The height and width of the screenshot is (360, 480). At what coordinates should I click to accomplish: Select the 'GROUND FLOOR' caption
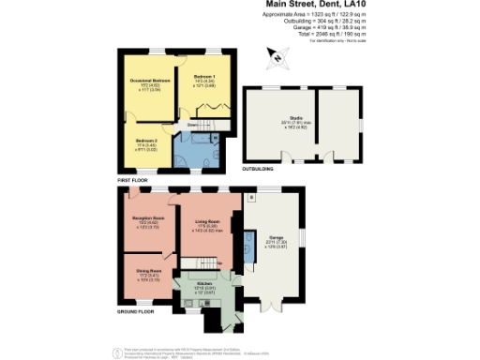(x=137, y=310)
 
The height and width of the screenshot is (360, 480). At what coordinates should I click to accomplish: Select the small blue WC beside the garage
(x=247, y=248)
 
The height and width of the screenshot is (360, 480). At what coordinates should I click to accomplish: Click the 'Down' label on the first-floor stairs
(x=193, y=124)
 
